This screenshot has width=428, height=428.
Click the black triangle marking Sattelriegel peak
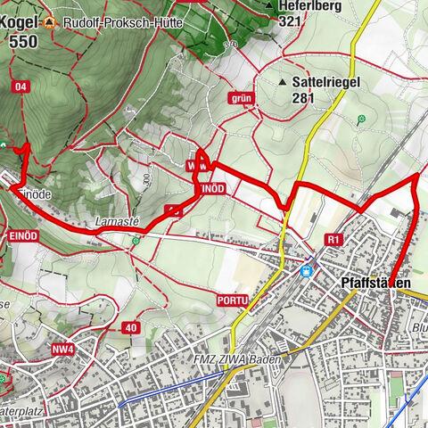coord(283,82)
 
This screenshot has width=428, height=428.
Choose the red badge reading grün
coord(242,98)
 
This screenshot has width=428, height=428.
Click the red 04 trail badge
coord(21,86)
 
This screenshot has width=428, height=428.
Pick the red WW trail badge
coord(198,167)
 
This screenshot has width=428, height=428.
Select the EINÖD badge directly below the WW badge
coord(213,190)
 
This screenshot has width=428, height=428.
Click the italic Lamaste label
coord(115,221)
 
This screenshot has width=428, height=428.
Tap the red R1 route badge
coord(334,239)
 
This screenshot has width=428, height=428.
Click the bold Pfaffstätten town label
coord(375,283)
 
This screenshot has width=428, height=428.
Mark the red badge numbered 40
coord(131,327)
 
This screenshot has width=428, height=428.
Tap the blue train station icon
coord(307,268)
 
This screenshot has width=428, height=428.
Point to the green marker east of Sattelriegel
coord(361,119)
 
